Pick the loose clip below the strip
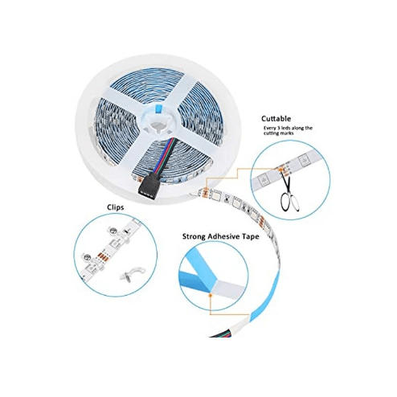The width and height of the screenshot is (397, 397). (x=127, y=276)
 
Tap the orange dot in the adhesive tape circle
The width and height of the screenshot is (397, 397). (x=211, y=295)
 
